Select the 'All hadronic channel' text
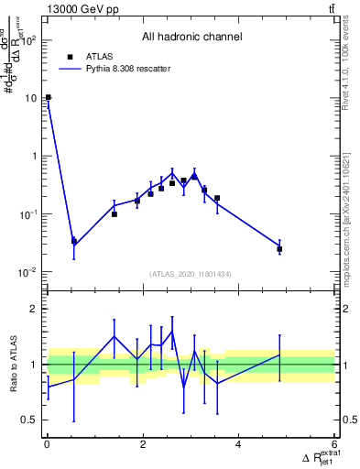191,38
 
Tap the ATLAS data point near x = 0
48,97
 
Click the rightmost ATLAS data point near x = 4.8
279,249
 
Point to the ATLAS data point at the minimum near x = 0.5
73,242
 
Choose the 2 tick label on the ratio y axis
35,310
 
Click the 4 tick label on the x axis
239,445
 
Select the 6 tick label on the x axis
334,445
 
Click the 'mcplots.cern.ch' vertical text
351,229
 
